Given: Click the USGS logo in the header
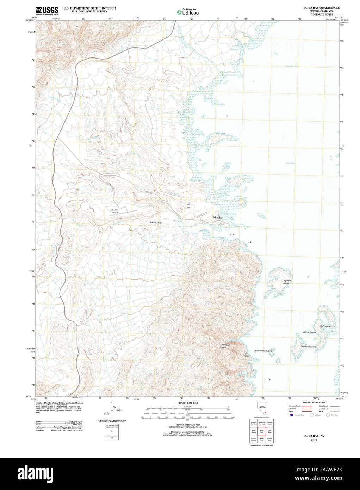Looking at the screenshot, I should pos(47,10).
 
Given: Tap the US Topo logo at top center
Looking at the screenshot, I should pos(188,12).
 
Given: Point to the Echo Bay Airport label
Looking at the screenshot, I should pos(115,211).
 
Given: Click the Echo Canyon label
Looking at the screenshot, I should pos(156,223).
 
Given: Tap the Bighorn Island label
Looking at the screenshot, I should pos(287,282).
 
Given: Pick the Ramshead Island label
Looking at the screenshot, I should pos(263,351).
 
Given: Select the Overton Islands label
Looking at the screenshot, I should pos(308,347).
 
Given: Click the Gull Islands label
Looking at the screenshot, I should pos(325,326).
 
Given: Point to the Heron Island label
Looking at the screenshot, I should pos(309,332).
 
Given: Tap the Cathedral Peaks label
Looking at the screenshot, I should pos(225,346).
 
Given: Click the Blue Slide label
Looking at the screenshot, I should pos(247,355).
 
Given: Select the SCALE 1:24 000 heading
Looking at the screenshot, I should pos(187,403).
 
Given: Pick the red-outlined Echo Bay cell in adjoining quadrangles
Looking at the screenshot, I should pos(261,431).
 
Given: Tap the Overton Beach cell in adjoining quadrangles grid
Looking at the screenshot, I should pos(269,423).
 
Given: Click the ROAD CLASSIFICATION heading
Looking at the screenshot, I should pos(314,402).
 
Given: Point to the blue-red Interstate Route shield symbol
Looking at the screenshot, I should pos(291,415).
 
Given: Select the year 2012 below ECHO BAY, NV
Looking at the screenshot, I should pos(314,440).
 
